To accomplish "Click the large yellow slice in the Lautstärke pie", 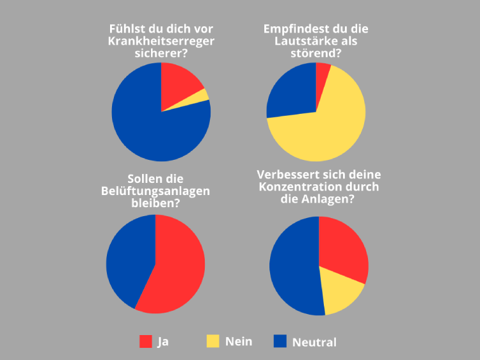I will tap(326, 128).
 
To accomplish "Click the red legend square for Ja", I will tap(146, 341).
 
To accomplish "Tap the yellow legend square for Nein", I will tap(212, 341).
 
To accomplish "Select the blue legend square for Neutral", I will tap(280, 341).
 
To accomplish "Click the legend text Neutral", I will tap(314, 342).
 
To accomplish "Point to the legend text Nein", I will tap(239, 341).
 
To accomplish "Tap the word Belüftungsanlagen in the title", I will tap(156, 191).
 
